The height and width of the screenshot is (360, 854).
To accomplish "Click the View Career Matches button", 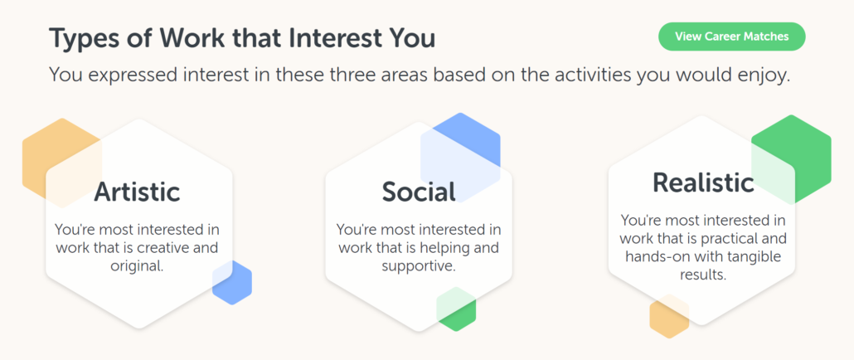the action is point(731,36).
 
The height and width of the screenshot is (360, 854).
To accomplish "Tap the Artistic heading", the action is point(137,192).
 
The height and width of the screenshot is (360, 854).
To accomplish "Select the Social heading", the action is point(419,192).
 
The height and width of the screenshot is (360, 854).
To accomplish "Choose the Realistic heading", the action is point(703,182).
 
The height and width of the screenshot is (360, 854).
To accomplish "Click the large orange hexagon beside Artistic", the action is point(61,163).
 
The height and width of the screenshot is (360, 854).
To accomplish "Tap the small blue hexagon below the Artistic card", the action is point(232,282).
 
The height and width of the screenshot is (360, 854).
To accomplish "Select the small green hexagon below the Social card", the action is point(456,309).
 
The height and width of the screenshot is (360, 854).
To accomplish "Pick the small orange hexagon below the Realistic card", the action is point(669,316).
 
